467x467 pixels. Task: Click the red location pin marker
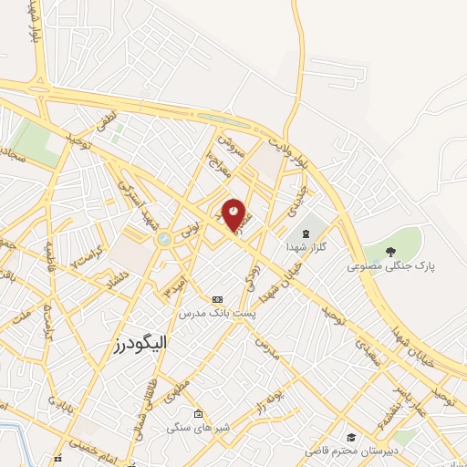coord(234,213)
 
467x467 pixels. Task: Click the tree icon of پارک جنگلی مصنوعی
coord(391,252)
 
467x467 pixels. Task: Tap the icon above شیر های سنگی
coord(198,414)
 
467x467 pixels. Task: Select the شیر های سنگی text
coord(198,428)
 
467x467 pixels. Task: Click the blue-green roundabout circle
coord(164,239)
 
